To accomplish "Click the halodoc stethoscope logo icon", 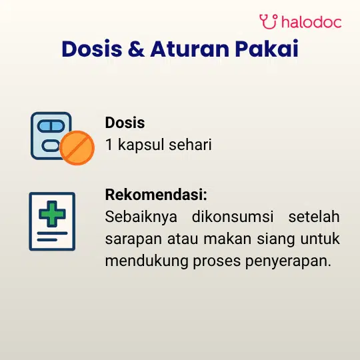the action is pos(269,21).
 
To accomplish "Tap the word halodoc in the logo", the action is pos(311,22).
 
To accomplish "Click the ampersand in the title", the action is pos(137,49).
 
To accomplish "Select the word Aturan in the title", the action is pos(189,49).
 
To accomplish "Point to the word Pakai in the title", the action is pos(267,49).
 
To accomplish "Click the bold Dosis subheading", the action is pos(125,123).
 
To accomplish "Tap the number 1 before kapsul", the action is pos(109,145).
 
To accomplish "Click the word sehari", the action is pos(190,145).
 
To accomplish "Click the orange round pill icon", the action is pos(77,148).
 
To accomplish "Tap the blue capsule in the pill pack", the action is pos(51,126).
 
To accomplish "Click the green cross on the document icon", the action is pos(53,214).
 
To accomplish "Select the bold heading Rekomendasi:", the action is pos(156,195).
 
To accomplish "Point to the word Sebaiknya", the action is pos(141,217).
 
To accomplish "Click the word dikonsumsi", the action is pos(233,216).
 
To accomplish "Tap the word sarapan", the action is pos(133,239).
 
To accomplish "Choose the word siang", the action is pos(276,239).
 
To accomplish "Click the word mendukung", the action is pos(147,261).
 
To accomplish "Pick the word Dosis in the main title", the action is pos(92,49).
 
